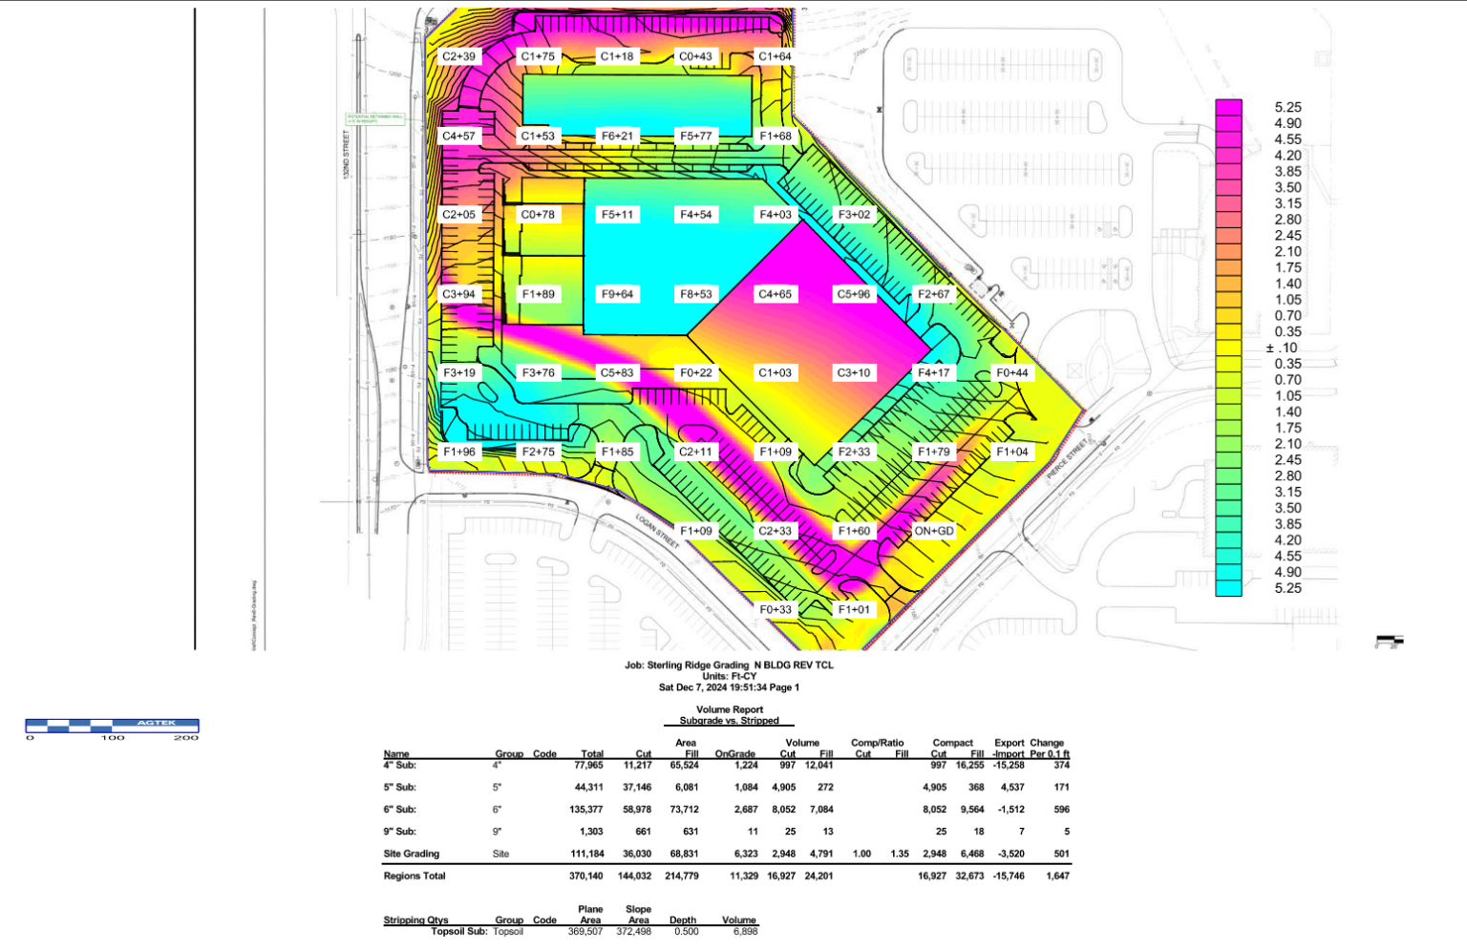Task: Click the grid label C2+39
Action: pyautogui.click(x=458, y=56)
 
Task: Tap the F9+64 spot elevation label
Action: pyautogui.click(x=617, y=294)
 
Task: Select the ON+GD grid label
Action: pyautogui.click(x=933, y=531)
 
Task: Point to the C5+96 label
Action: pyautogui.click(x=854, y=294)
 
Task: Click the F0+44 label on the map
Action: pyautogui.click(x=1012, y=373)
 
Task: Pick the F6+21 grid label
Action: pyautogui.click(x=617, y=136)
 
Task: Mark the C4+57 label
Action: pyautogui.click(x=458, y=136)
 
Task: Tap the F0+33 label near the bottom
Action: pyautogui.click(x=776, y=609)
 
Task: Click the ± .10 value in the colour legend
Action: pyautogui.click(x=1282, y=348)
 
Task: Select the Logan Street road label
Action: pyautogui.click(x=658, y=531)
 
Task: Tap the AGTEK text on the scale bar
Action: pyautogui.click(x=156, y=723)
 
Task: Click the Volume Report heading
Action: pyautogui.click(x=730, y=709)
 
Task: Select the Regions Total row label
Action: pyautogui.click(x=415, y=876)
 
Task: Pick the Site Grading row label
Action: pyautogui.click(x=412, y=854)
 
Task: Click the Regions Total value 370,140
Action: pyautogui.click(x=586, y=876)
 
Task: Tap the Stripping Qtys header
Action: pyautogui.click(x=415, y=920)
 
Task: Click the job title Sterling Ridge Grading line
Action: pyautogui.click(x=729, y=665)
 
